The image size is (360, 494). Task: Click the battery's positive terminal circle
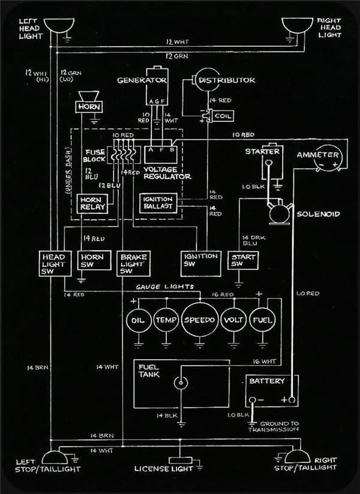click(x=292, y=400)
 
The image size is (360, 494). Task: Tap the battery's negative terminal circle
click(x=253, y=400)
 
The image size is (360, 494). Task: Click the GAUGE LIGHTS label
click(x=165, y=287)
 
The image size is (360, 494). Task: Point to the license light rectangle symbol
click(x=181, y=460)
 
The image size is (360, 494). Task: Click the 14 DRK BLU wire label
click(x=254, y=240)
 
